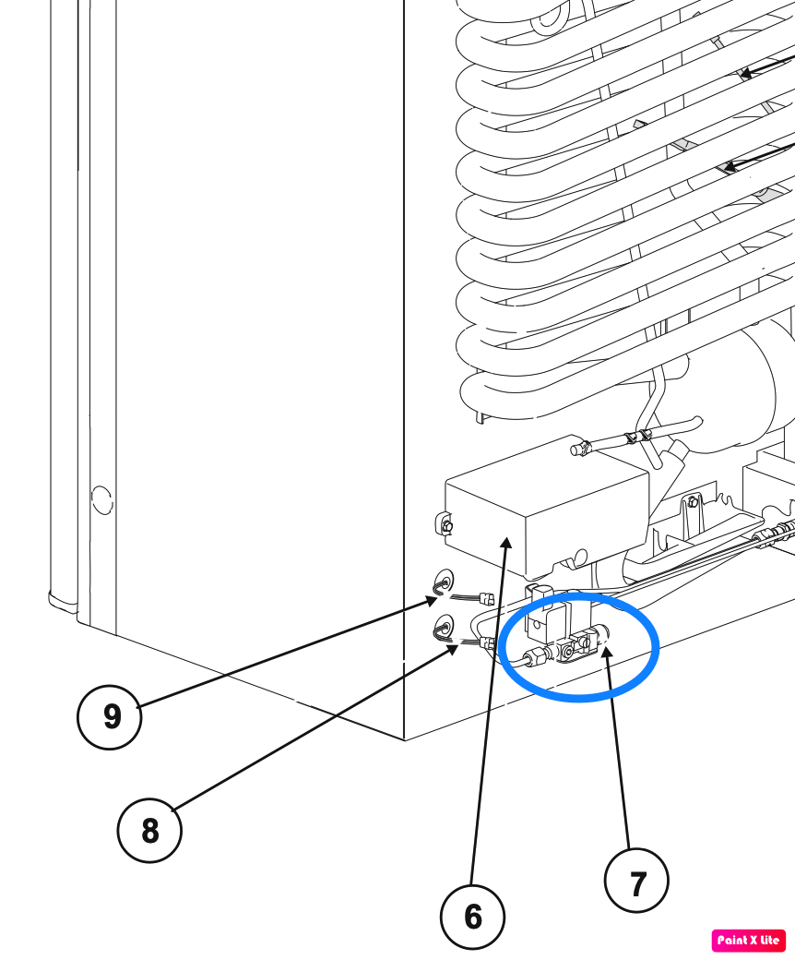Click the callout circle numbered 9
coord(110,716)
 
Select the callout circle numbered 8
coord(149,831)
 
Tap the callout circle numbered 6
coord(472,917)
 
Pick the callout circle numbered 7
coord(636,881)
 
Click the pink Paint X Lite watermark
coord(749,941)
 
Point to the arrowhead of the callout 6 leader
coord(507,542)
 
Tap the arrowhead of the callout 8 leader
coord(451,649)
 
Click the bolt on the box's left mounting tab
coord(445,524)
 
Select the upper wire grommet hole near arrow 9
coord(445,580)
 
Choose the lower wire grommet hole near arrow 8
coord(444,627)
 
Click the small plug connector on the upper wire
coord(487,597)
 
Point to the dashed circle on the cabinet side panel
coord(102,500)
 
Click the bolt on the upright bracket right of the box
coord(693,502)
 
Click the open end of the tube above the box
coord(575,450)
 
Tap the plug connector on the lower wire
coord(488,642)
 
